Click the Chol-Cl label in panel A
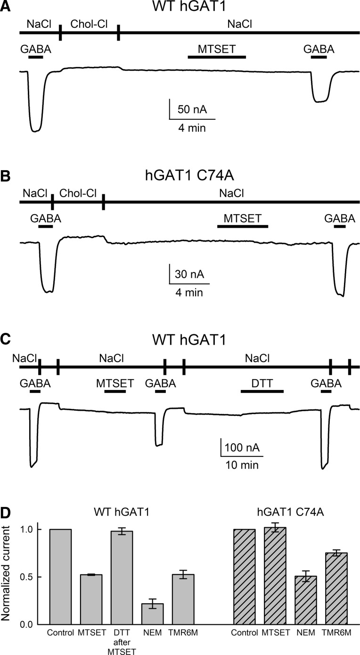click(89, 24)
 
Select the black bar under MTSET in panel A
click(217, 57)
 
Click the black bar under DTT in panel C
click(262, 391)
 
